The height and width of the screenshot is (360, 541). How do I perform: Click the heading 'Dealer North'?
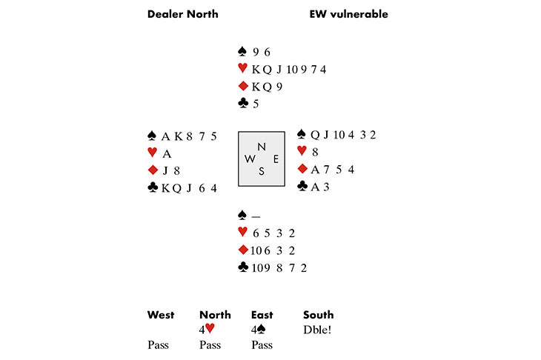[182, 14]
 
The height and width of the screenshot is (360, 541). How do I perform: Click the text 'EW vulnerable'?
[348, 14]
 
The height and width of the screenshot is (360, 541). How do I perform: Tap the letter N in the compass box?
[261, 147]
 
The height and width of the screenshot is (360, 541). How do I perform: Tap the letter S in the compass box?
[261, 171]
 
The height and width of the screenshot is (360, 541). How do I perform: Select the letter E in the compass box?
[276, 159]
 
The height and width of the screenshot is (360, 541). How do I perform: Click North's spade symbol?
[242, 51]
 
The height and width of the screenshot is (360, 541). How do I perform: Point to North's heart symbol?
[242, 69]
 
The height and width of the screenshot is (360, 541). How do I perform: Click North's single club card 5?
[256, 104]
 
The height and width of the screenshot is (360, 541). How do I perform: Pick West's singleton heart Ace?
[167, 153]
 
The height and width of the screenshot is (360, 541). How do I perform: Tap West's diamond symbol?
[153, 170]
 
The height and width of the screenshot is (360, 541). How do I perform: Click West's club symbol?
[153, 188]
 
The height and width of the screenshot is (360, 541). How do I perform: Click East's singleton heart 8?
[315, 152]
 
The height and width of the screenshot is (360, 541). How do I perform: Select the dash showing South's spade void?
[256, 216]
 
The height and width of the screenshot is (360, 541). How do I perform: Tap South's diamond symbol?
[242, 250]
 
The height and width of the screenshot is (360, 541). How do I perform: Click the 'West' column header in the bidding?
[161, 315]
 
